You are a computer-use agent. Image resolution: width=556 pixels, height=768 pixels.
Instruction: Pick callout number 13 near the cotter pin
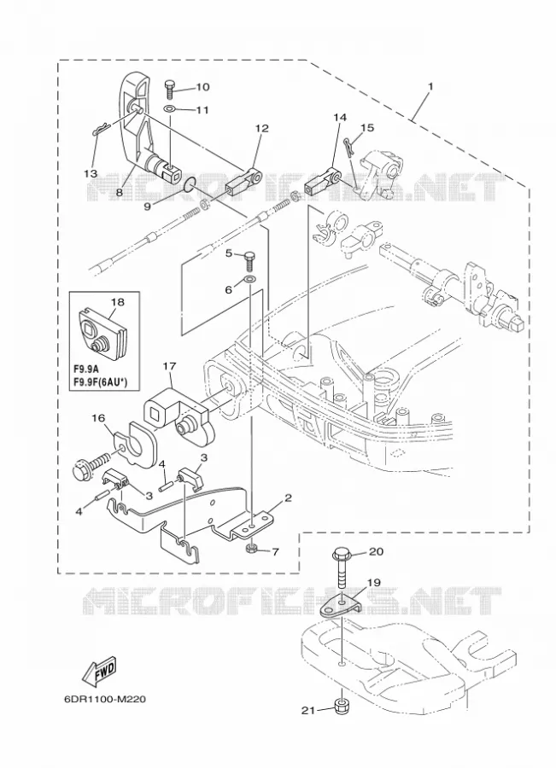(x=90, y=173)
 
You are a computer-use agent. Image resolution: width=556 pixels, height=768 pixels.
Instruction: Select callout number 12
(x=262, y=128)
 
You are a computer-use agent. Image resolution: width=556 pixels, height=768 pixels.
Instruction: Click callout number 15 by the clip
(x=366, y=127)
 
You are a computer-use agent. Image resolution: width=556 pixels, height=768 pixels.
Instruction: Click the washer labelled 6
(x=250, y=280)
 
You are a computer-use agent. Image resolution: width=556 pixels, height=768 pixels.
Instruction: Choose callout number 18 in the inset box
(x=117, y=302)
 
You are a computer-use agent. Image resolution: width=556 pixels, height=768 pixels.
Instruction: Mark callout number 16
(x=98, y=417)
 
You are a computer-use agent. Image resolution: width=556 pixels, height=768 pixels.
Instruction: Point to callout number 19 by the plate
(x=373, y=582)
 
